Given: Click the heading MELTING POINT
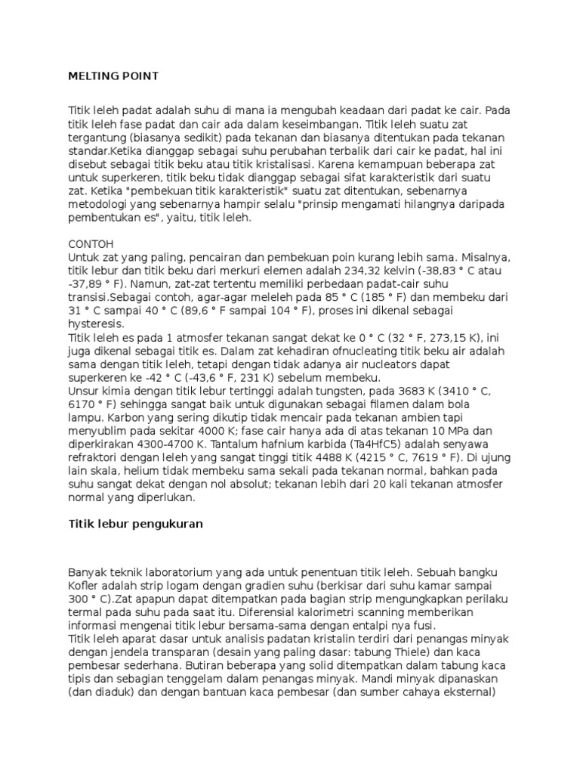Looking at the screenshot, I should coord(113,76).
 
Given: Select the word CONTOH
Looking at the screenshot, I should coord(91,244).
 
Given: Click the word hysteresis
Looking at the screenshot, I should coord(96,323).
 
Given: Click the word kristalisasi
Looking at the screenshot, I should coord(281,164).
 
